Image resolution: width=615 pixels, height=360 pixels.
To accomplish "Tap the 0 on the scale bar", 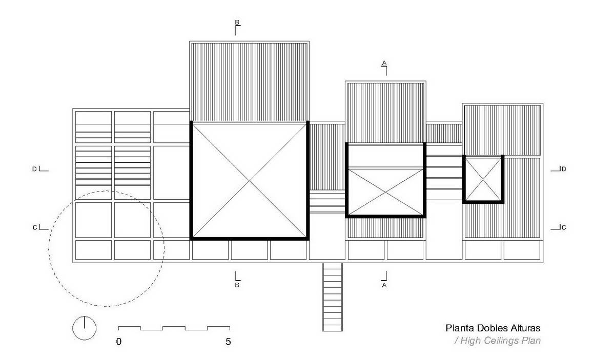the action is coord(118,342).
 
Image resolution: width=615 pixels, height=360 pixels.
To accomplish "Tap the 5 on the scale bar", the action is coord(228,342).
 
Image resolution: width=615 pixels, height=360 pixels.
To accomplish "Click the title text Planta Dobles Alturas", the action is coord(493,328).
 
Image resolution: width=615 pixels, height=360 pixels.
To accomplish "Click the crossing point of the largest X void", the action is coord(249,181).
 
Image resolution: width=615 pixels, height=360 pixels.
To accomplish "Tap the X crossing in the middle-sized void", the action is coord(386,192).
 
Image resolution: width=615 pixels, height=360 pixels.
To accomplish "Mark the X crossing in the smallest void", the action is coord(483,179).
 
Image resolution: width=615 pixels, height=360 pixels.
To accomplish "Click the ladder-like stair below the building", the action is coord(333,297).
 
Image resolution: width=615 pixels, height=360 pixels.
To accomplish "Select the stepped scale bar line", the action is coord(174,328).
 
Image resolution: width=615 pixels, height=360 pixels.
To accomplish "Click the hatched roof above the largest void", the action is coord(249,82).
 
